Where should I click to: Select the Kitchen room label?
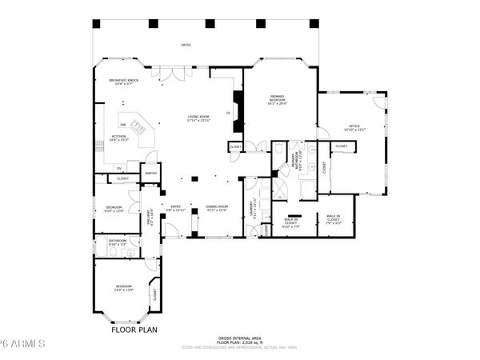tap(119, 138)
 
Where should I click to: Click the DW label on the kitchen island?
tap(122, 126)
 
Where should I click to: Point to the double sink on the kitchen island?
tap(139, 126)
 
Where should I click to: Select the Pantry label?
tap(150, 173)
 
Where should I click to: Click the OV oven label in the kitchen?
tap(118, 168)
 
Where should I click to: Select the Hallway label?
tap(150, 217)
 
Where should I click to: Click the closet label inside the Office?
tap(341, 146)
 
